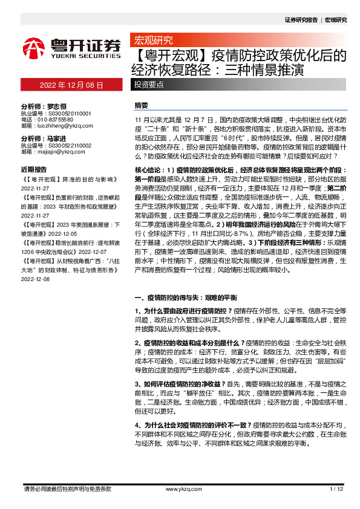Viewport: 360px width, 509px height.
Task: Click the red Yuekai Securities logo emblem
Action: [34, 48]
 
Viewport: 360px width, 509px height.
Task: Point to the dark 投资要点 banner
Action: [149, 85]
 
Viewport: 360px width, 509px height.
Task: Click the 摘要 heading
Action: [141, 105]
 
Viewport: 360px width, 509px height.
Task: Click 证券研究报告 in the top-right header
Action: [301, 20]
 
